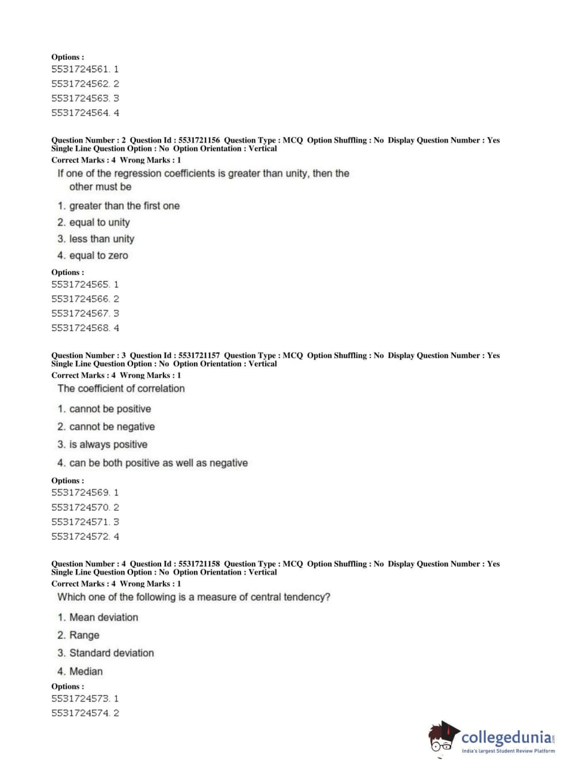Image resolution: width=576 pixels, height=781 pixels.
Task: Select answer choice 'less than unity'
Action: (101, 239)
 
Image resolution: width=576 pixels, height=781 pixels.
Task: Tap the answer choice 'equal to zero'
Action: (98, 256)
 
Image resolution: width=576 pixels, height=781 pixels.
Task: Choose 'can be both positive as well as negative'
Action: (158, 463)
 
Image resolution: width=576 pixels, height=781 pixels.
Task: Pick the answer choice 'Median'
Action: (86, 672)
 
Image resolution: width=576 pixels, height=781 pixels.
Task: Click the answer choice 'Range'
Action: (84, 635)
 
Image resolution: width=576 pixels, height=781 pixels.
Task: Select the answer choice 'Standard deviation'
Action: (112, 653)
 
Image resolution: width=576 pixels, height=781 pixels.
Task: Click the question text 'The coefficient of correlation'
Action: (121, 389)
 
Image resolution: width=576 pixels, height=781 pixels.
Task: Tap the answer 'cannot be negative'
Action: (112, 427)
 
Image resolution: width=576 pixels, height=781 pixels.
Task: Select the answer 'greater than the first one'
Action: (124, 206)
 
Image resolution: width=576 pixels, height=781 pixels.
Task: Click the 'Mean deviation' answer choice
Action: (104, 617)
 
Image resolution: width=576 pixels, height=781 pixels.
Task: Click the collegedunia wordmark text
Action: (506, 737)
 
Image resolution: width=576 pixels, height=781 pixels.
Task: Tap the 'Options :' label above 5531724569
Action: (67, 480)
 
